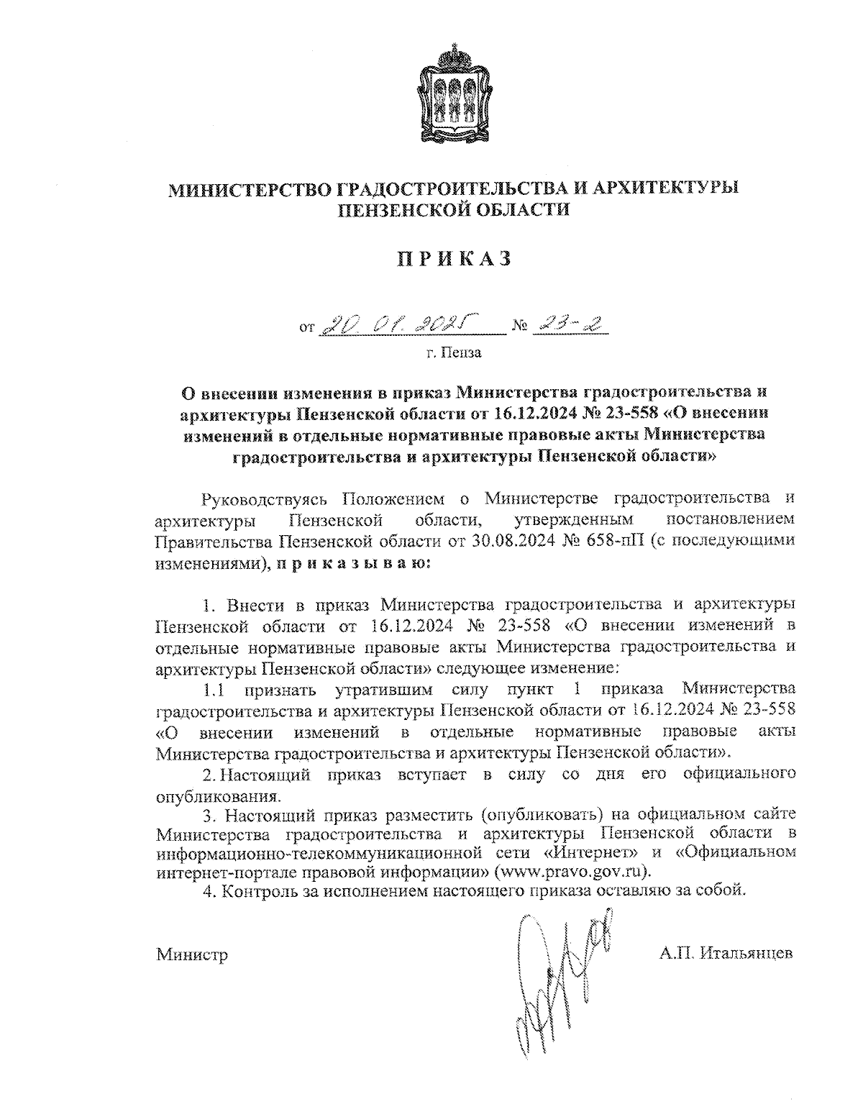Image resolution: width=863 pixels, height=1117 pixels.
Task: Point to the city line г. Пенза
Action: pyautogui.click(x=453, y=353)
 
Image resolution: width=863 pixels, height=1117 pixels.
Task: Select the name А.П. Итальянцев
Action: pyautogui.click(x=726, y=954)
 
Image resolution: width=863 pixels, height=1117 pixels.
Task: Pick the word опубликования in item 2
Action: pyautogui.click(x=217, y=796)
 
